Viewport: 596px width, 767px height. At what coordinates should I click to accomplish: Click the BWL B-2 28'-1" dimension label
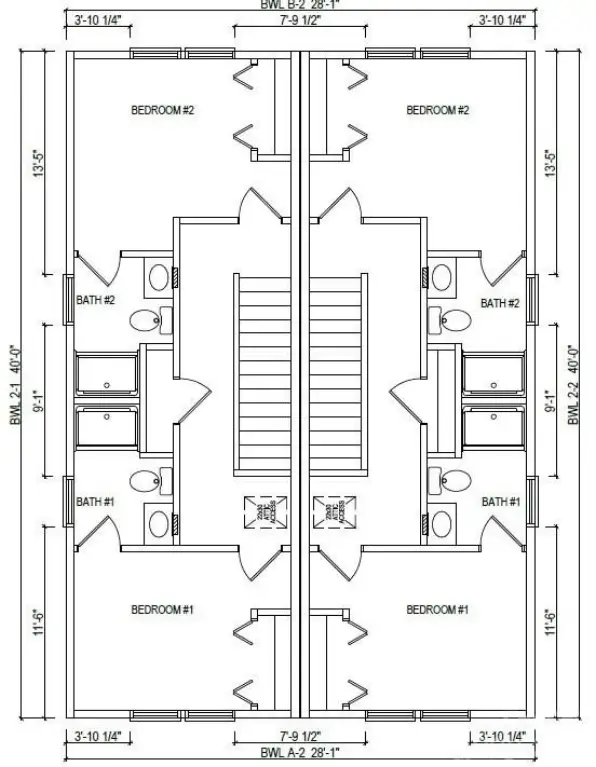click(297, 4)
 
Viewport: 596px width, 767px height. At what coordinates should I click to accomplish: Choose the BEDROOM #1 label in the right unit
click(437, 609)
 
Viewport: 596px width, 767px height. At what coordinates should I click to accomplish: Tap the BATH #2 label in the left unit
click(97, 299)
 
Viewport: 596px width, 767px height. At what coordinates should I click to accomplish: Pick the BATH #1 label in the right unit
click(500, 502)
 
